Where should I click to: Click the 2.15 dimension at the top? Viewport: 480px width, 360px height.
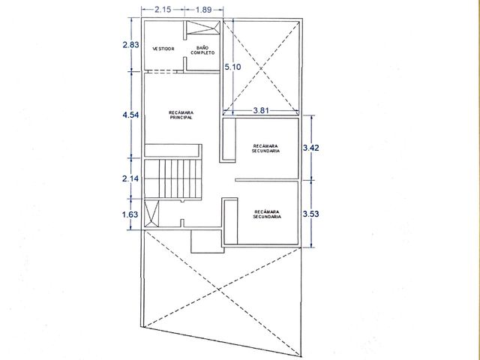163,10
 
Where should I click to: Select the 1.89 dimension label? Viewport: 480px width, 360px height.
203,10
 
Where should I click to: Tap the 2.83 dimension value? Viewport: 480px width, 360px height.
130,45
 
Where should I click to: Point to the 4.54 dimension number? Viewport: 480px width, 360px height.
130,115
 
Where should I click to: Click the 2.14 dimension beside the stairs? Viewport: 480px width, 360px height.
130,178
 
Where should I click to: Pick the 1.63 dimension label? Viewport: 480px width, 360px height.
130,214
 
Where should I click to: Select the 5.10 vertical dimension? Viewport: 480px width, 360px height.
232,67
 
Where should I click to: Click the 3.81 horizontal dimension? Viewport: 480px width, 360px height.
261,110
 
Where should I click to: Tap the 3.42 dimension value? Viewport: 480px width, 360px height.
311,148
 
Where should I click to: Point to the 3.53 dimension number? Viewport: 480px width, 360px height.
311,214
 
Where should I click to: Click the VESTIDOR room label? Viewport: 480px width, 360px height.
163,49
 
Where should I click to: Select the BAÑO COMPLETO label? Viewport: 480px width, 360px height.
202,50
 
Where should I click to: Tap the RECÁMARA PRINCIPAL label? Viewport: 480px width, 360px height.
181,115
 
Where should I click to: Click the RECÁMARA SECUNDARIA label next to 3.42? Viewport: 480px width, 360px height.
265,148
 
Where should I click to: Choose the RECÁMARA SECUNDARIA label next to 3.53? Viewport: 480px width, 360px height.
267,214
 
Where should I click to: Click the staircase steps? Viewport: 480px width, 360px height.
173,178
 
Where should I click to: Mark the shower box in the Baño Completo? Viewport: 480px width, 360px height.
203,27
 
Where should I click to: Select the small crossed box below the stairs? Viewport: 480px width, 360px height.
151,213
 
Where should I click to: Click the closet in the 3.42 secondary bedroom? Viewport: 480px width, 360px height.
229,139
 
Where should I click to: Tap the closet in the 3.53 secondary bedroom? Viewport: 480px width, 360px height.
231,221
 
